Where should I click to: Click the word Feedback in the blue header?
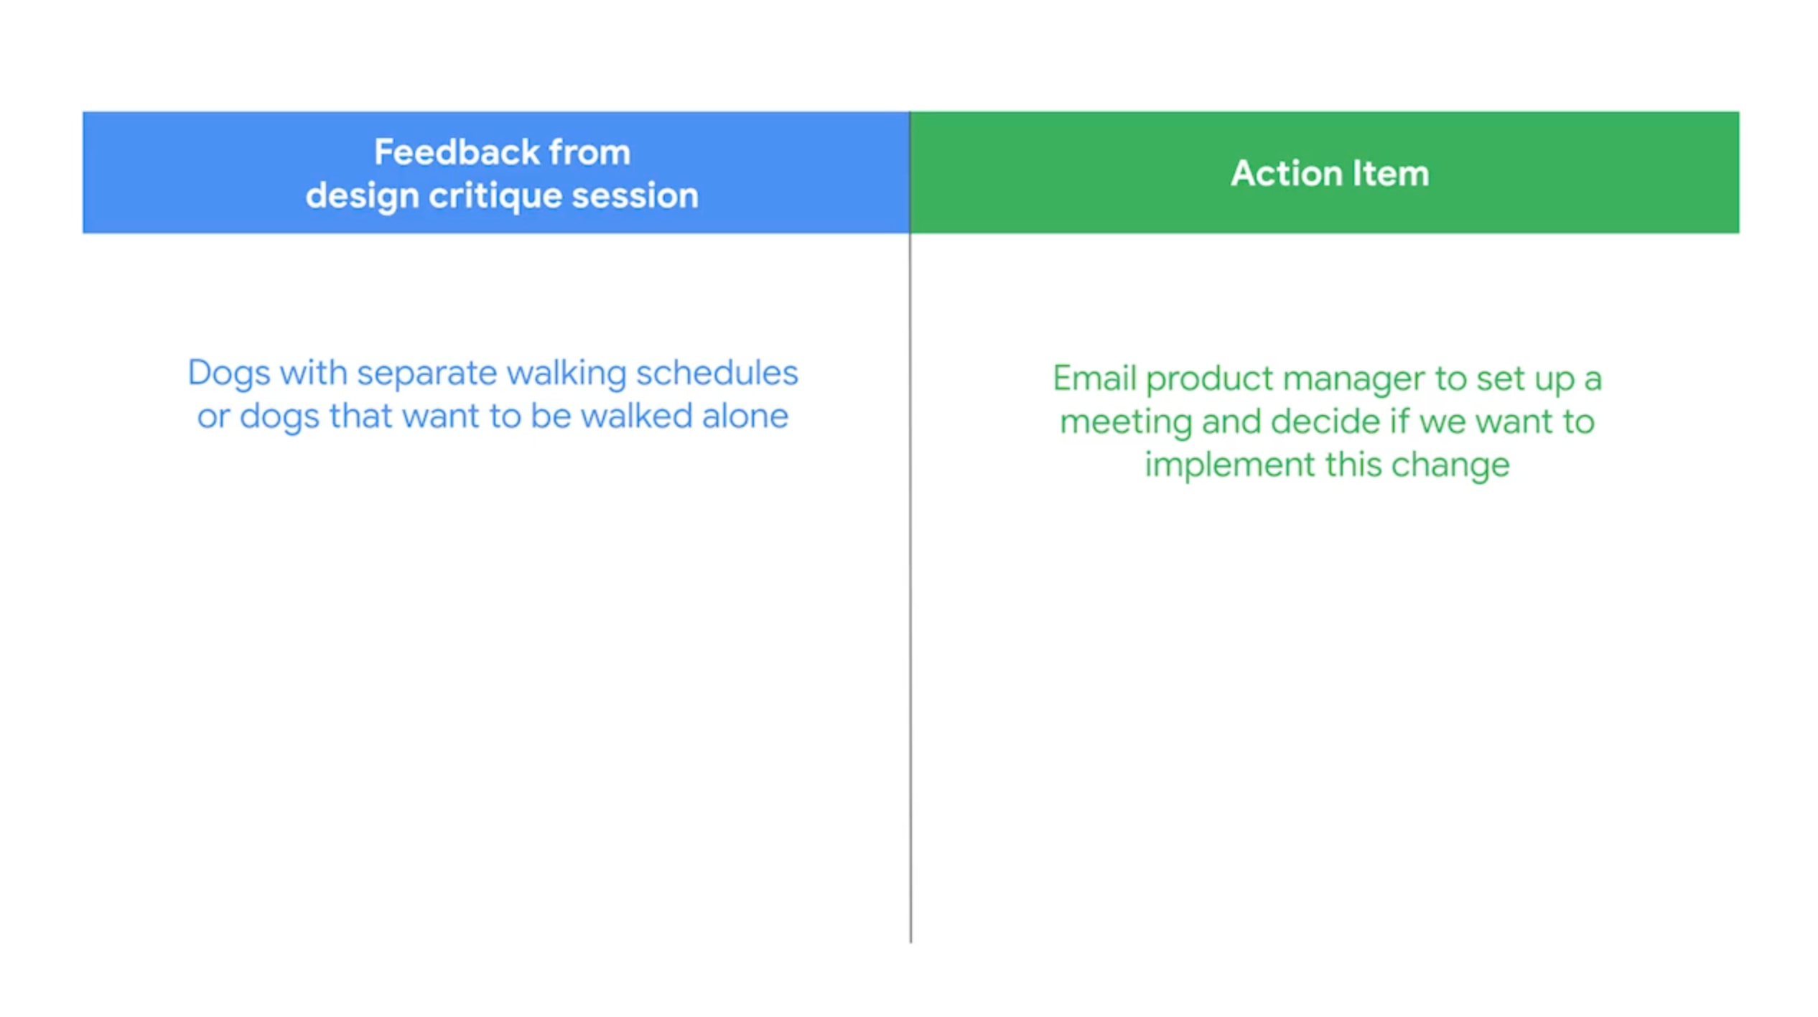point(457,152)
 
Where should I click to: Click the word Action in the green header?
point(1287,174)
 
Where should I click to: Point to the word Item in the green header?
point(1391,174)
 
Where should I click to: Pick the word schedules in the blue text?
point(717,373)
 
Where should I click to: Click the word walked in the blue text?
point(636,416)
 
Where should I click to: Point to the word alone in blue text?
point(745,416)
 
